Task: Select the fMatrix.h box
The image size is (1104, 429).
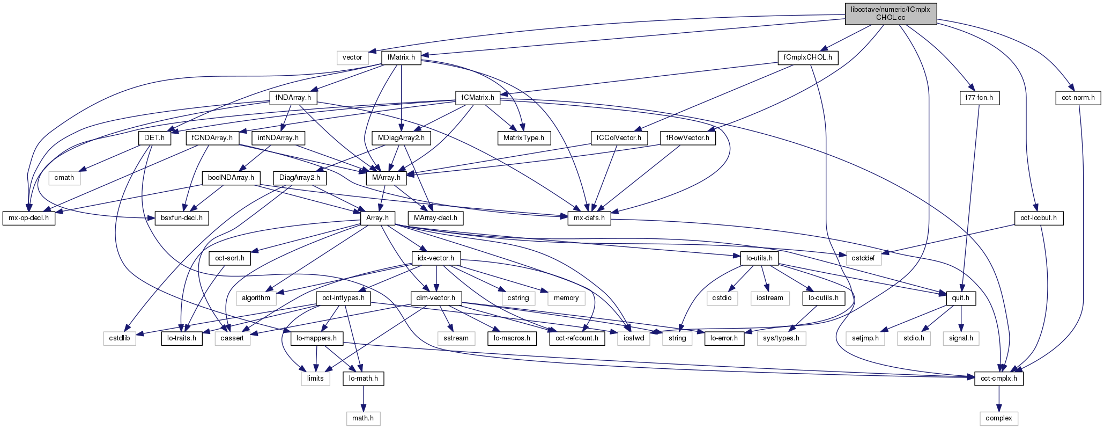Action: (x=401, y=57)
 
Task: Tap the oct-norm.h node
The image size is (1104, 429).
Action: (x=1078, y=98)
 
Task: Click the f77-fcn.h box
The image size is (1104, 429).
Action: (x=979, y=98)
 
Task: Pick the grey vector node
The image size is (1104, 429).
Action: (x=352, y=57)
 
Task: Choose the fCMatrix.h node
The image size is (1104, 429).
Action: (x=477, y=98)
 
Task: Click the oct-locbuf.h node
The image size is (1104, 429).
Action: (x=1039, y=218)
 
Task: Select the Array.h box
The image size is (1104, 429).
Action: (x=377, y=218)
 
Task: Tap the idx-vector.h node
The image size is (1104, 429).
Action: (x=436, y=258)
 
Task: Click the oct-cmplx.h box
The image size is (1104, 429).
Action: (x=998, y=379)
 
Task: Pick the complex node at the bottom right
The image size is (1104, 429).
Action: (x=998, y=418)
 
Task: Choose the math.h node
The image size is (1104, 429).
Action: (x=363, y=418)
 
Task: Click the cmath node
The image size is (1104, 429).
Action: (x=64, y=178)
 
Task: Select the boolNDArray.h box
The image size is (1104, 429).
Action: (x=231, y=178)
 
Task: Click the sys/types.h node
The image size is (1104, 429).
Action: (x=781, y=338)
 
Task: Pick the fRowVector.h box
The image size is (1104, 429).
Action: (x=687, y=138)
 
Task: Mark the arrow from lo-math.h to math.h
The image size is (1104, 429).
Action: (x=364, y=398)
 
